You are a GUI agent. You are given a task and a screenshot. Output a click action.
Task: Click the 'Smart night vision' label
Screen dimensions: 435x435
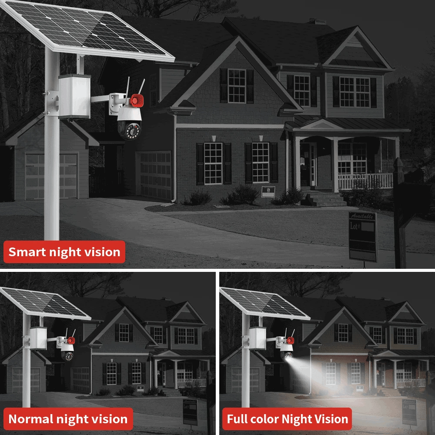(64, 252)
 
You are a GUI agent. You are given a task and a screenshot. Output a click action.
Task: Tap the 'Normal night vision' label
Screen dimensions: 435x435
(68, 419)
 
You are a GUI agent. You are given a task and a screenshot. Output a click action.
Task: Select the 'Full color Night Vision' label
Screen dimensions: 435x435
(288, 419)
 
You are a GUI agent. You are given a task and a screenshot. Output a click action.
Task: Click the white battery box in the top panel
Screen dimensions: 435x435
(74, 97)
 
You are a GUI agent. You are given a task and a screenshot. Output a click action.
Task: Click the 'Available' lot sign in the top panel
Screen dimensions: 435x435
(362, 235)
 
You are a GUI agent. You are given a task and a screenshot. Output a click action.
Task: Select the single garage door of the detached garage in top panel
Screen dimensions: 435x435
(51, 176)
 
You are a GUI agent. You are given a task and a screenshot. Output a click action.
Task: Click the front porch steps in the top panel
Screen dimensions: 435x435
(325, 199)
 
